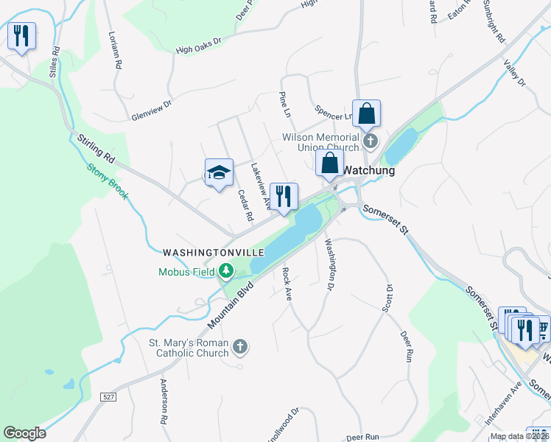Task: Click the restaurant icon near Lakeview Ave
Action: pyautogui.click(x=284, y=197)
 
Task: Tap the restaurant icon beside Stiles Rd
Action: pyautogui.click(x=21, y=36)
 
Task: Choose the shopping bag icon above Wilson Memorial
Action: pyautogui.click(x=366, y=114)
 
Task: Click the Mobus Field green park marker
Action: pyautogui.click(x=225, y=272)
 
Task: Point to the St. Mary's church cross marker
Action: pyautogui.click(x=240, y=346)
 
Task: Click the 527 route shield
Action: pyautogui.click(x=109, y=397)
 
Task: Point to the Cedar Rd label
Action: pyautogui.click(x=245, y=206)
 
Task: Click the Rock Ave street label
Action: pyautogui.click(x=287, y=284)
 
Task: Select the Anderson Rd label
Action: pyautogui.click(x=164, y=402)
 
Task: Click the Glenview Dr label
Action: pyautogui.click(x=150, y=109)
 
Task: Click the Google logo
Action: pyautogui.click(x=24, y=433)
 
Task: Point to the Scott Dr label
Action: pyautogui.click(x=387, y=298)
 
